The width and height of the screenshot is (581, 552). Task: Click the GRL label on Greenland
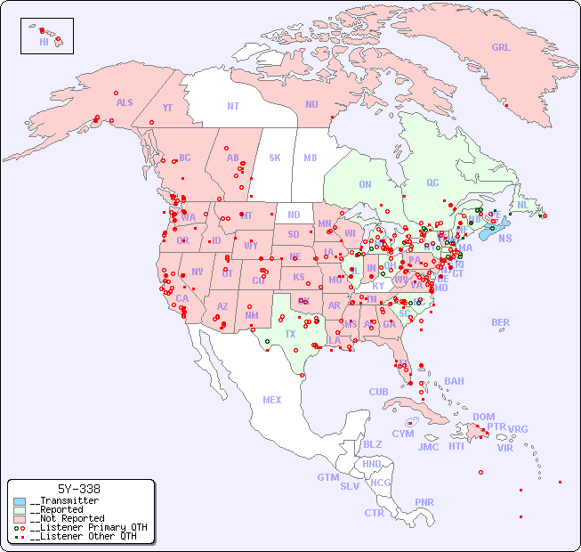tap(501, 47)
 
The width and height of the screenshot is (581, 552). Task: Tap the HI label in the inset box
tap(44, 41)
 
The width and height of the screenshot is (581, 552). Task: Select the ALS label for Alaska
tap(125, 102)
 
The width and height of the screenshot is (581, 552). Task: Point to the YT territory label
tap(167, 108)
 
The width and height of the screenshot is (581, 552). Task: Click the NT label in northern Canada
tap(233, 105)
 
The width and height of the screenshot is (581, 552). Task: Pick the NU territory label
tap(311, 104)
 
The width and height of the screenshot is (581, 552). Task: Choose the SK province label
tap(275, 158)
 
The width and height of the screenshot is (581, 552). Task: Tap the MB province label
tap(311, 158)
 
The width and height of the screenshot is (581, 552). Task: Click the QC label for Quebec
tap(432, 183)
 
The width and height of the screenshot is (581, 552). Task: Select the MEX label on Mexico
tap(272, 400)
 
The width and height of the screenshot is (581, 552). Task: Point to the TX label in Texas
tap(289, 334)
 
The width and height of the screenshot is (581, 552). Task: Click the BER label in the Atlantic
tap(501, 322)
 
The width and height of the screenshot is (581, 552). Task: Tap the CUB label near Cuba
tap(378, 392)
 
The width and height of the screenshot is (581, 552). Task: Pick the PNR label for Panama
tap(424, 502)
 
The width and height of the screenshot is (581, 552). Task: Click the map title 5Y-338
tap(79, 489)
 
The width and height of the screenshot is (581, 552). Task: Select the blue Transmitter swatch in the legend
tap(19, 501)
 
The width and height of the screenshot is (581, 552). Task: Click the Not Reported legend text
tap(67, 518)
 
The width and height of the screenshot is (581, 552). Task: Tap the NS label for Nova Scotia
tap(504, 238)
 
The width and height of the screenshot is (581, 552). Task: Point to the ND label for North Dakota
tap(294, 215)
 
